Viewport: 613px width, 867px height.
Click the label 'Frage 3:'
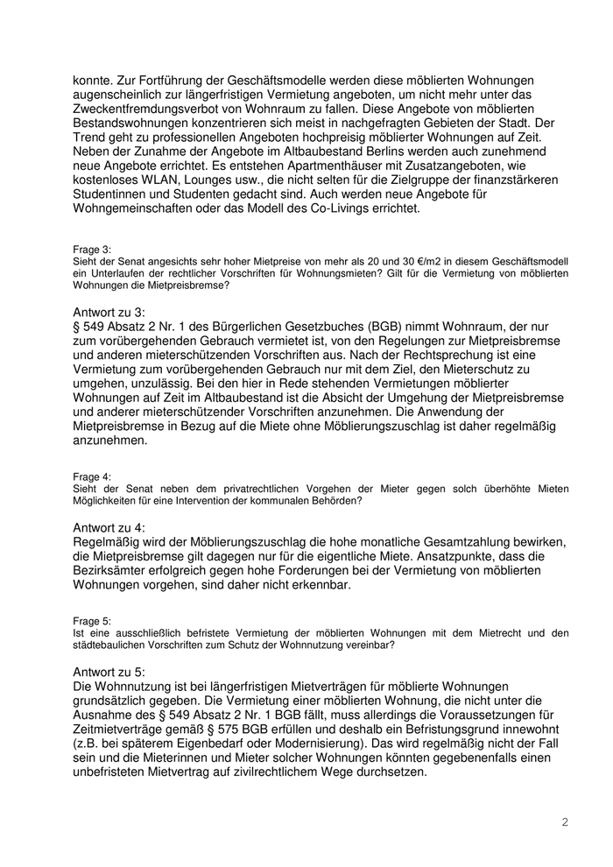click(93, 250)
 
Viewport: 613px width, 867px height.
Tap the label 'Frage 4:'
click(93, 476)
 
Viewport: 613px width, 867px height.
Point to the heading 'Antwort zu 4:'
click(109, 527)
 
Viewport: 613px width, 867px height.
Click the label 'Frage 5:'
click(93, 620)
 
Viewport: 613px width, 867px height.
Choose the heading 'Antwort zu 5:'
click(109, 671)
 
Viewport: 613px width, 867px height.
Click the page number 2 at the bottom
click(565, 822)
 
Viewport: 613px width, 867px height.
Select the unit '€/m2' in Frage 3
click(419, 262)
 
